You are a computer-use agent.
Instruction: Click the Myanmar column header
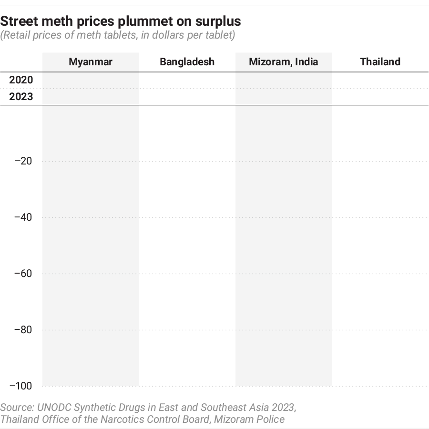pos(91,62)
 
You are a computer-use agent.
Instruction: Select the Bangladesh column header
pos(187,62)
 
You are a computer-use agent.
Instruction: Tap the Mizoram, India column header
pos(283,62)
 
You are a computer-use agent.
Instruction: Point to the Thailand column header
pos(380,62)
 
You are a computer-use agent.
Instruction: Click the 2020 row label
pos(21,80)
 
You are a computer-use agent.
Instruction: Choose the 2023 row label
pos(21,97)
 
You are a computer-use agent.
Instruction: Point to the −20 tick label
pos(23,161)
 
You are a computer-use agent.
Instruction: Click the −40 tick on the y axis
pos(23,217)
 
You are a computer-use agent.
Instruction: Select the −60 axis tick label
pos(23,274)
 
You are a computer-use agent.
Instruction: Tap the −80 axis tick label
pos(23,330)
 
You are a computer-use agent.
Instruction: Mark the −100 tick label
pos(21,386)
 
